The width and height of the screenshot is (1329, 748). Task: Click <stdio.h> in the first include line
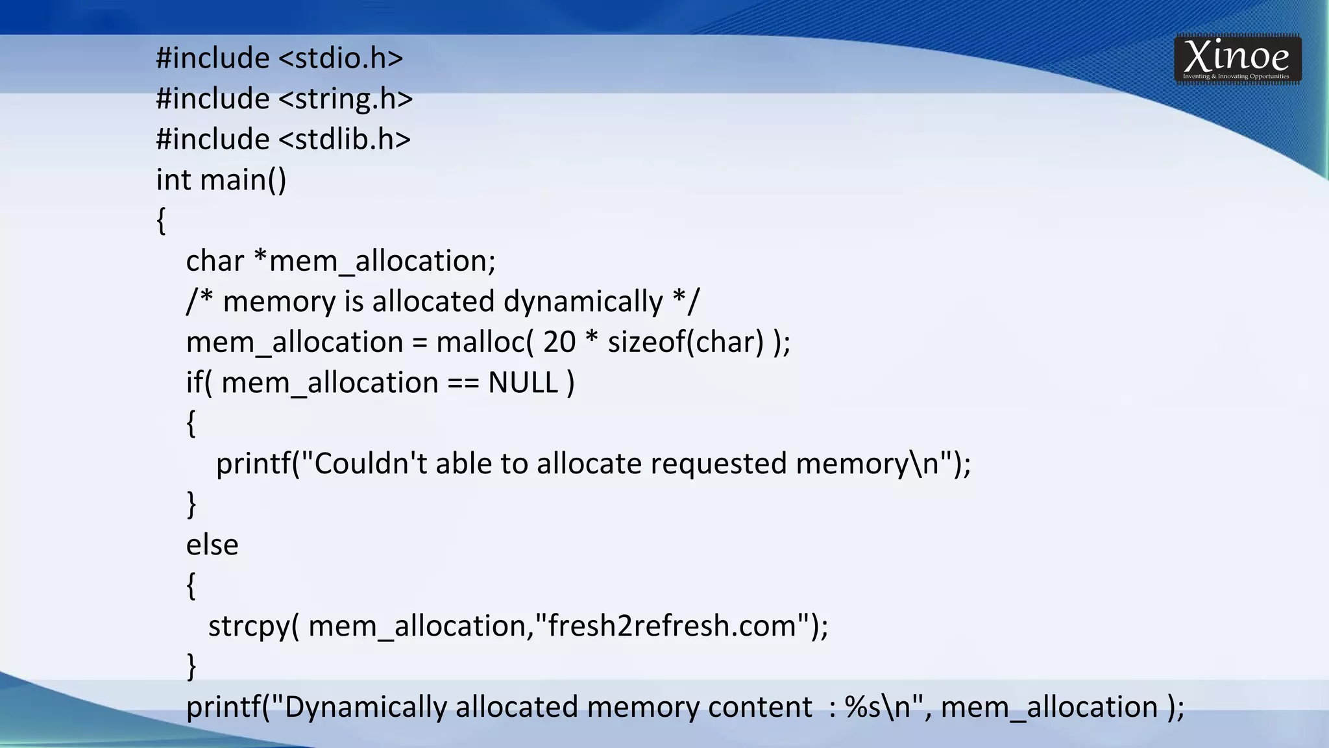[x=341, y=58]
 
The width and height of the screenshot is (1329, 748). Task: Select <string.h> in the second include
[x=346, y=99]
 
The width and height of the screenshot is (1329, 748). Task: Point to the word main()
[x=243, y=181]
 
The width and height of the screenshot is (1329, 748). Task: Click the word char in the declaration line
[x=215, y=262]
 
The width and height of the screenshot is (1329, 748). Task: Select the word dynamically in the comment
[x=583, y=302]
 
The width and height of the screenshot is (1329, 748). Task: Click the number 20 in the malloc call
[x=559, y=342]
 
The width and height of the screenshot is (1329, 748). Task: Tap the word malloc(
[x=485, y=342]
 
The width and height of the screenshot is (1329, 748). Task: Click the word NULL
[x=523, y=383]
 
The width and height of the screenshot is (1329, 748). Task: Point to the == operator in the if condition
[x=463, y=383]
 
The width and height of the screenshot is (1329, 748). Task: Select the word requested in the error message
[x=718, y=464]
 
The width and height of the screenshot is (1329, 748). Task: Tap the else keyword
[x=212, y=545]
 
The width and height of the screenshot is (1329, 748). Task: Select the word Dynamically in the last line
[x=365, y=707]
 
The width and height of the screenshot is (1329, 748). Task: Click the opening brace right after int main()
[x=161, y=221]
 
